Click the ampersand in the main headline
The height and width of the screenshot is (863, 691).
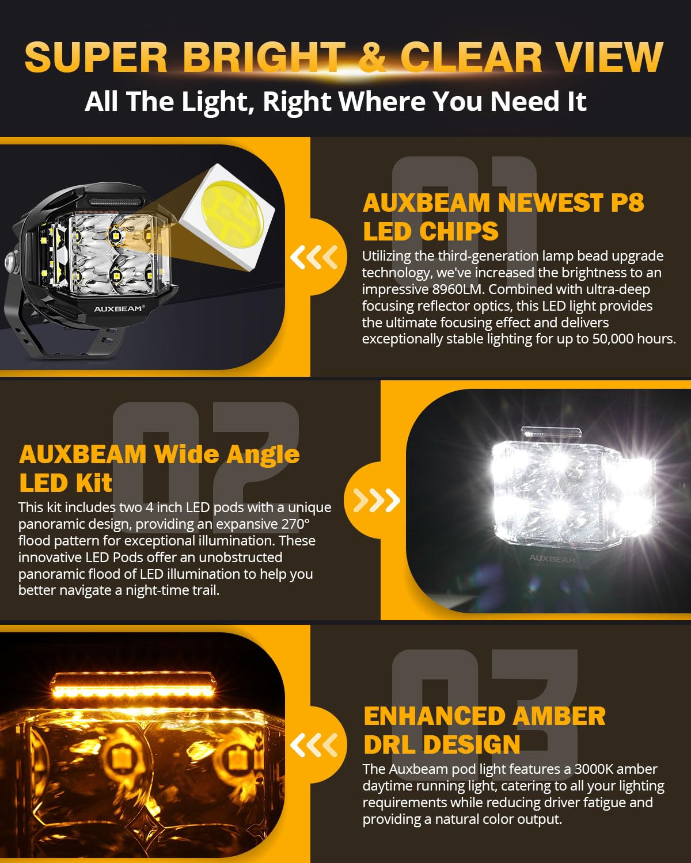[371, 57]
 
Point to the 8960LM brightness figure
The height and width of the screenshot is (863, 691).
[458, 289]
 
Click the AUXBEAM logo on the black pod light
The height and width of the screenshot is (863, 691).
[119, 309]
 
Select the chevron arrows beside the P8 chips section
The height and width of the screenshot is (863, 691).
[314, 257]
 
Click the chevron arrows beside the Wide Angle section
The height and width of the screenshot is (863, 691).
[377, 501]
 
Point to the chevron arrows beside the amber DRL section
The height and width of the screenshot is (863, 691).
[314, 746]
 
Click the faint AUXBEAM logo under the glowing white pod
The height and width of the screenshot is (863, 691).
[552, 559]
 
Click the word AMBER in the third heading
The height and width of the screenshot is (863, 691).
[558, 716]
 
